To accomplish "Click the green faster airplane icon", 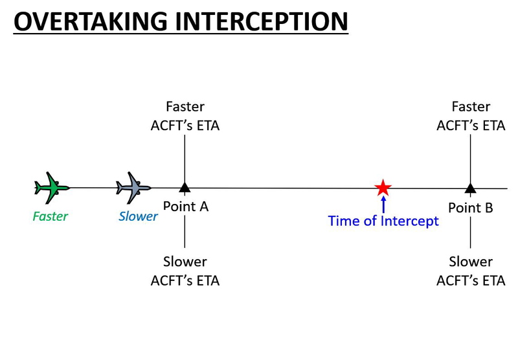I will click(x=51, y=188).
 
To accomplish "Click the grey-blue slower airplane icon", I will click(x=133, y=188).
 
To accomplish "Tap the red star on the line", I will click(x=383, y=188).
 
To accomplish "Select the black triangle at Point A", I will click(x=185, y=188).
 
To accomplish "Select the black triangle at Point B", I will click(x=470, y=188).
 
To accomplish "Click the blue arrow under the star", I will click(x=383, y=205).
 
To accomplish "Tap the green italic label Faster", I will click(x=50, y=216).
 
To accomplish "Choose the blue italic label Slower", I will click(x=138, y=216).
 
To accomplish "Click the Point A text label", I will click(x=185, y=207).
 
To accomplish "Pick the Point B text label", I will click(x=471, y=208).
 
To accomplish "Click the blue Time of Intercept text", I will click(x=383, y=221).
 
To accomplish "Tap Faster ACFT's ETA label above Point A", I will click(x=185, y=116).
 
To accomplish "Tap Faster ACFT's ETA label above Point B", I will click(x=471, y=116).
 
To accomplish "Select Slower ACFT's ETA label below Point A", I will click(x=185, y=271).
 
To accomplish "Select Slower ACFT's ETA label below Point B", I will click(x=471, y=271).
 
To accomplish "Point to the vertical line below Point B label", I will click(x=470, y=233).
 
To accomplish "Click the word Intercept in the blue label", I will click(x=409, y=221).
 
